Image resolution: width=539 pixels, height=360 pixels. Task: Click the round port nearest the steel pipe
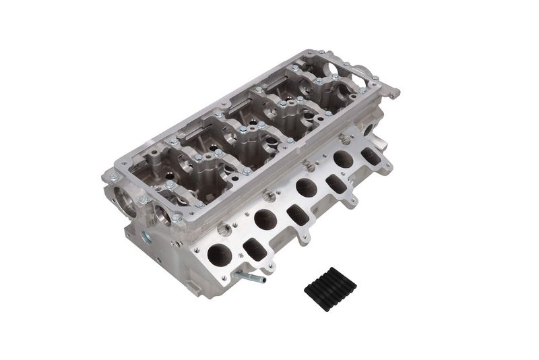tap(220, 255)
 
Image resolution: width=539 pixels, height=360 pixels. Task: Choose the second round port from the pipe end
tap(264, 218)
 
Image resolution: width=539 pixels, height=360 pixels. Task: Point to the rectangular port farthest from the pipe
tap(371, 156)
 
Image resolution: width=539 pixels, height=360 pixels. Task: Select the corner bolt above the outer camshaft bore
tap(113, 177)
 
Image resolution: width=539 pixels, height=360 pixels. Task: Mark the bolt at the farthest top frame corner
tap(318, 52)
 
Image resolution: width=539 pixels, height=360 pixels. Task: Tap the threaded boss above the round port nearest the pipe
tap(226, 231)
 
